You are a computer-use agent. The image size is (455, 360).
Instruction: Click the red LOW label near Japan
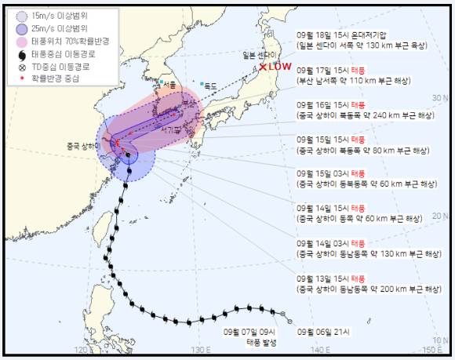point(279,67)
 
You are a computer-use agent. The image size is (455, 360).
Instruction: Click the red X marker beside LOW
point(264,67)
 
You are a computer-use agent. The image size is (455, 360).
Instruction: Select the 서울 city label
point(169,84)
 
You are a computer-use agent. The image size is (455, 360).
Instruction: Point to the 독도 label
point(209,85)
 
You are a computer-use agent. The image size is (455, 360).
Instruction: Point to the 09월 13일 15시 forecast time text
point(322,278)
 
